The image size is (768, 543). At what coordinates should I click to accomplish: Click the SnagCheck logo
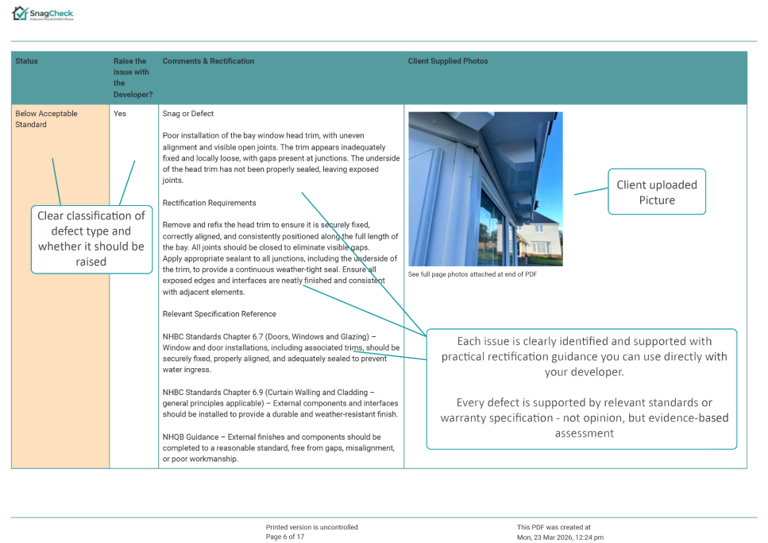click(43, 14)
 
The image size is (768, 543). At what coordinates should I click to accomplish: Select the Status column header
click(26, 61)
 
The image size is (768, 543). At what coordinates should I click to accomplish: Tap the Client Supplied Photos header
click(447, 61)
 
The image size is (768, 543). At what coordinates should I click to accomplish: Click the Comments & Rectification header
click(208, 61)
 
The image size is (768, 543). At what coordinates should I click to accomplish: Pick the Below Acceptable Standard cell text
click(46, 118)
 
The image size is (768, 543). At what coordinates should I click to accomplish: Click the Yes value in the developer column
click(120, 114)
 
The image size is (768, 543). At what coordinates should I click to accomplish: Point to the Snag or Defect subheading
click(188, 114)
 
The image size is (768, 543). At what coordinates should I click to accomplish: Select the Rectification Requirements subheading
click(209, 203)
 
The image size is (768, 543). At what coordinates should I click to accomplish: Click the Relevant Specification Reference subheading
click(219, 314)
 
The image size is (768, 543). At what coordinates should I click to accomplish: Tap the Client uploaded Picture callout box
click(656, 192)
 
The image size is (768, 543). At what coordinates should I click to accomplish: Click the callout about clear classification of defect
click(91, 239)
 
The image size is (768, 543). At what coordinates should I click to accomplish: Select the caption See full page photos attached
click(472, 274)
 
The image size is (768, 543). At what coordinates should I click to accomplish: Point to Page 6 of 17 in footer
click(284, 537)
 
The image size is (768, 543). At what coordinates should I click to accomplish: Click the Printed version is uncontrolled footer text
click(311, 527)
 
